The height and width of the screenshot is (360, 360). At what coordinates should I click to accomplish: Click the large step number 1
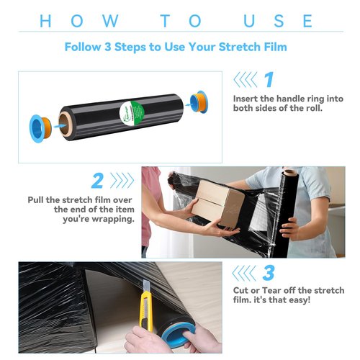coord(268,79)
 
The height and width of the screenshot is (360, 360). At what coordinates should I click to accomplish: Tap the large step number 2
coord(97,179)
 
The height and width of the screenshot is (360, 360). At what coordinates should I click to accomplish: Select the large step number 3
coord(268,273)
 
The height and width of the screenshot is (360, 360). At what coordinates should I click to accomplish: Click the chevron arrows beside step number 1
coord(246,79)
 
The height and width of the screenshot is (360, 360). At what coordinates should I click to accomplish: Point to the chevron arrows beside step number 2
coord(122,180)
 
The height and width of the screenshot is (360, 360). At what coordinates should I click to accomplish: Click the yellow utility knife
coord(145,309)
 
